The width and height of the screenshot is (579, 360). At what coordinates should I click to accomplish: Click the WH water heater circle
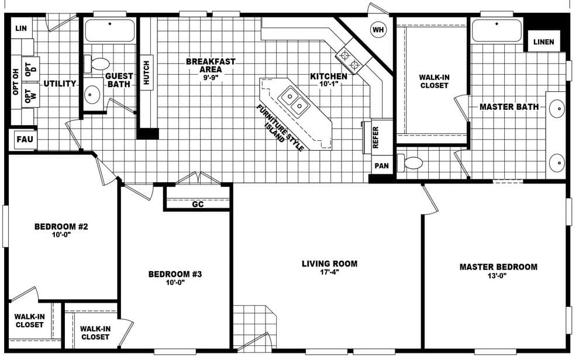[x=378, y=29]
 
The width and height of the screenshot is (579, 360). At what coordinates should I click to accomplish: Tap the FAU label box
[x=24, y=140]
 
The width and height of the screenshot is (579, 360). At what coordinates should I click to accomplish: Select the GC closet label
[x=198, y=205]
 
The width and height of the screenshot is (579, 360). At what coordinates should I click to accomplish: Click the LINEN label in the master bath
[x=543, y=42]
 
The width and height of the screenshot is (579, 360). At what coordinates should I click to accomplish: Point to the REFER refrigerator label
[x=376, y=138]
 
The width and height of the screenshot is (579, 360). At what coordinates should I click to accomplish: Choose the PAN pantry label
[x=382, y=166]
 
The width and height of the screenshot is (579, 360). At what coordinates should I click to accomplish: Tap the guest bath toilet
[x=99, y=63]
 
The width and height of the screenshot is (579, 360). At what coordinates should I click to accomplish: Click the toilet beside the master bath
[x=412, y=162]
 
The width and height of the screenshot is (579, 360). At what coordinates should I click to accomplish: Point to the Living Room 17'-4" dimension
[x=329, y=272]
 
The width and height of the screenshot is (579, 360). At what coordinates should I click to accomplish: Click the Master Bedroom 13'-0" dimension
[x=498, y=276]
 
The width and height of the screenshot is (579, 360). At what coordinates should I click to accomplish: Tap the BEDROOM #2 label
[x=61, y=227]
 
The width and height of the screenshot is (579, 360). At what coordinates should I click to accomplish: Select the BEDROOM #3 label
[x=175, y=274]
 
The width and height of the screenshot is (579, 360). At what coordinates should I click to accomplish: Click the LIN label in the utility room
[x=22, y=28]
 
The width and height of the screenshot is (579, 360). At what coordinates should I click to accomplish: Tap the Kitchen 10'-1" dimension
[x=329, y=84]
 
